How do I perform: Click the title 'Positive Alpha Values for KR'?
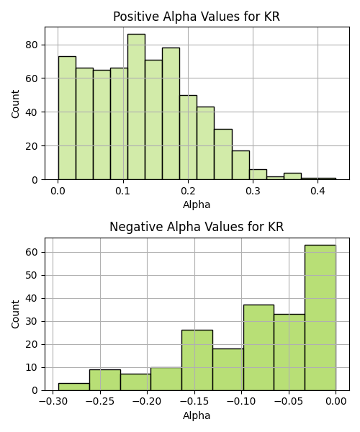[x=197, y=17]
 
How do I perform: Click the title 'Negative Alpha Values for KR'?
[x=197, y=227]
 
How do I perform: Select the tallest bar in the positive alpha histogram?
[x=136, y=107]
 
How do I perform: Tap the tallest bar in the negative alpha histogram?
[x=320, y=318]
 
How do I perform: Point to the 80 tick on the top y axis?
[x=32, y=45]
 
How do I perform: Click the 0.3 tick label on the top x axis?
[x=253, y=191]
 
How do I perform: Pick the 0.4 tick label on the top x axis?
[x=318, y=191]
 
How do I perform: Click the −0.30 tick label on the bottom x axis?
[x=53, y=402]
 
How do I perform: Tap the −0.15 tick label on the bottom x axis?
[x=194, y=402]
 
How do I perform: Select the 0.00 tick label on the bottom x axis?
[x=336, y=402]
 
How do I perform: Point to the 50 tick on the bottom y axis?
[x=32, y=275]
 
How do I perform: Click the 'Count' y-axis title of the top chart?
[x=15, y=104]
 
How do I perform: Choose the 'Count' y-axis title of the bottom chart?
[x=15, y=315]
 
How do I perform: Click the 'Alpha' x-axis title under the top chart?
[x=197, y=204]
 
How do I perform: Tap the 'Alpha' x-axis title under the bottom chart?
[x=197, y=415]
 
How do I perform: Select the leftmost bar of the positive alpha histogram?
[x=67, y=118]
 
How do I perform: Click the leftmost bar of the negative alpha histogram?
[x=74, y=387]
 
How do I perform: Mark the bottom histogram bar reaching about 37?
[x=258, y=348]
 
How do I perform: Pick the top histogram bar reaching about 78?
[x=171, y=114]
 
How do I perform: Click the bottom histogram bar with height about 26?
[x=197, y=361]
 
